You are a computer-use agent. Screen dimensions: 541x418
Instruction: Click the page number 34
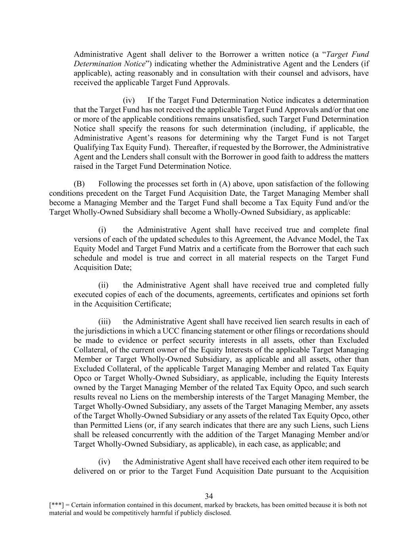click(x=209, y=496)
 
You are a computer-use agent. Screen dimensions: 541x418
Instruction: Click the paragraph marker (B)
click(x=79, y=184)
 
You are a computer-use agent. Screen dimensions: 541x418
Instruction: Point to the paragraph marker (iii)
click(x=104, y=321)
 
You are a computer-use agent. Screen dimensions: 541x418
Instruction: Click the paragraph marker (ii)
click(x=103, y=285)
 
